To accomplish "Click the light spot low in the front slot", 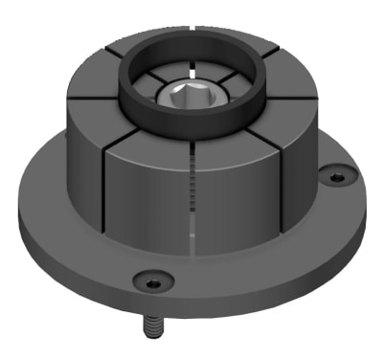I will pyautogui.click(x=192, y=233).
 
